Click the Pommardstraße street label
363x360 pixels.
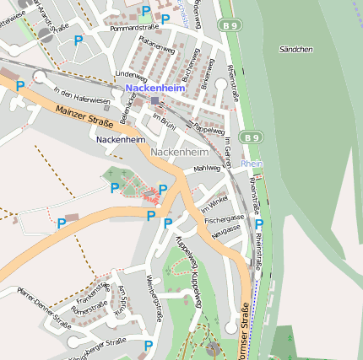point(129,28)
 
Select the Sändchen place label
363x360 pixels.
point(295,50)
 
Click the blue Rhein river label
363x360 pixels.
point(252,164)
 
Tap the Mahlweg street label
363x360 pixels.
point(206,169)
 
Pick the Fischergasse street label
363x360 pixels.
point(224,219)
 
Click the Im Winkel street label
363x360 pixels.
point(214,203)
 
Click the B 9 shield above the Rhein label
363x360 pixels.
point(250,137)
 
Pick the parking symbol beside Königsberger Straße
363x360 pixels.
point(149,345)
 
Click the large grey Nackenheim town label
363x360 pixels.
point(179,153)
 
